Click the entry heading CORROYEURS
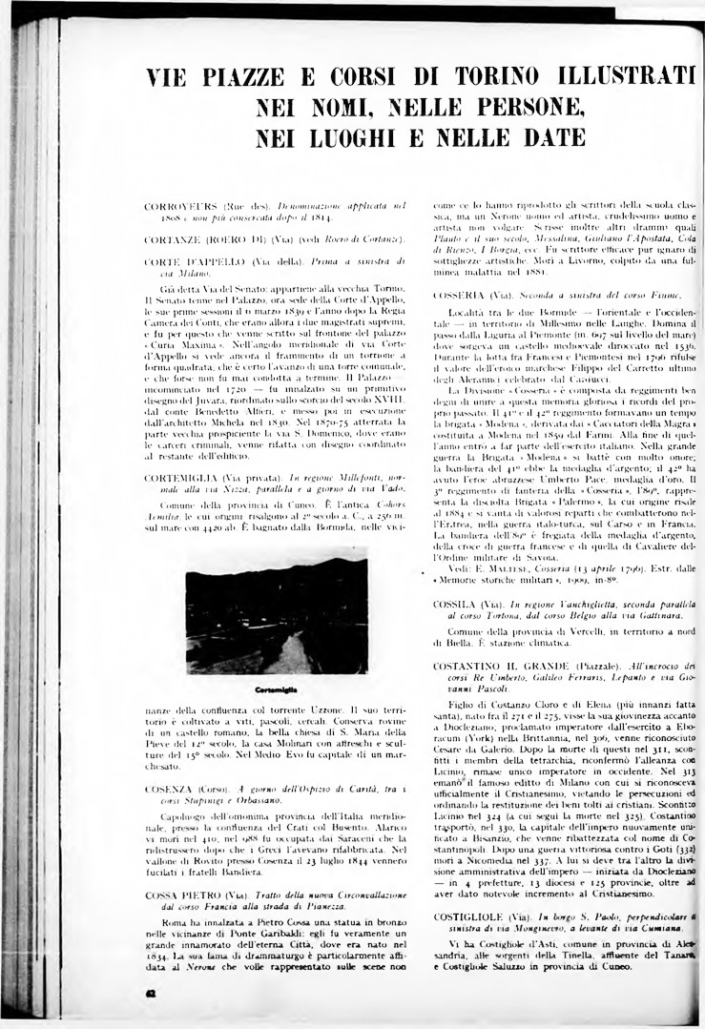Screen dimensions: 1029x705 (181, 206)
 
